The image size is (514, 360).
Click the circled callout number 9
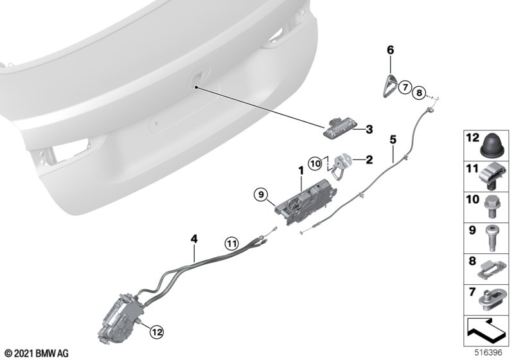[x=261, y=195]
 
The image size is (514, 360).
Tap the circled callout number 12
[x=157, y=332]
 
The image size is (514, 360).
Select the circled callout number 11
[x=232, y=244]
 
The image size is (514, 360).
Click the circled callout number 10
[x=315, y=163]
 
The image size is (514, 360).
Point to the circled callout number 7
[x=405, y=87]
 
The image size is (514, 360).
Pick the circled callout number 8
[x=419, y=93]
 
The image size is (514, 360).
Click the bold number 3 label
[x=369, y=129]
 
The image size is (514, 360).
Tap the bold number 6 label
[x=390, y=50]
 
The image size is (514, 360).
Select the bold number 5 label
[x=393, y=139]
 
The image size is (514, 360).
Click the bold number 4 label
[x=194, y=239]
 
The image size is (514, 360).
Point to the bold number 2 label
[x=369, y=160]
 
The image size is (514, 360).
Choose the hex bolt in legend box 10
[x=491, y=207]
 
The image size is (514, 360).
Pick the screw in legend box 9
[x=491, y=238]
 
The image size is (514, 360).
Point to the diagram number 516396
[x=488, y=353]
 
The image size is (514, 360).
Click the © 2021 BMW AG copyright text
[x=37, y=354]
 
